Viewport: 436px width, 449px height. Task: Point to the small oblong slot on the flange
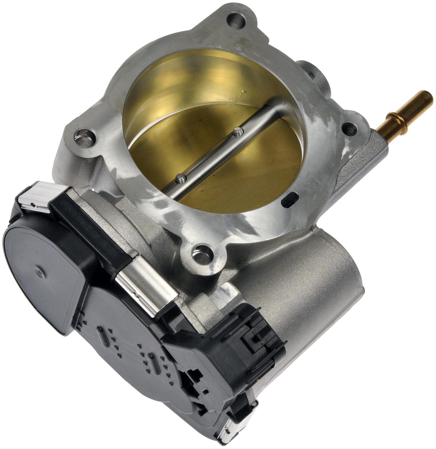[289, 199]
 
